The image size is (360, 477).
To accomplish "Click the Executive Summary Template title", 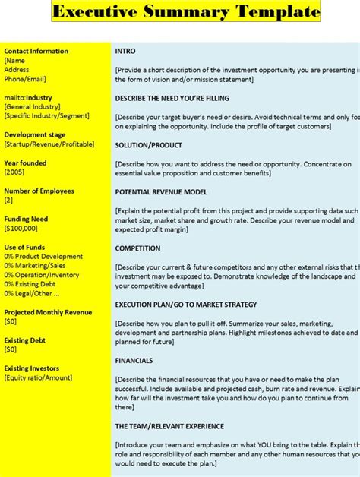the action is [x=186, y=11].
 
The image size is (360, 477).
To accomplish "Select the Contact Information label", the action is [x=36, y=52].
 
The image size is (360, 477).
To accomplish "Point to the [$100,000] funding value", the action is [x=22, y=229].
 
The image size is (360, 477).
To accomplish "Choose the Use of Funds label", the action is [x=24, y=248].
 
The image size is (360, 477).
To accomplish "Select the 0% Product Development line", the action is [x=44, y=257].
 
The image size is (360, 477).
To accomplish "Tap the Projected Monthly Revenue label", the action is [x=48, y=312].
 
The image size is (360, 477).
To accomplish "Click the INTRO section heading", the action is [x=125, y=52].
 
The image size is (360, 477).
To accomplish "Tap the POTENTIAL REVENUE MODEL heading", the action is [x=161, y=192].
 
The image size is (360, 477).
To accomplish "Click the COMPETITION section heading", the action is [x=138, y=248].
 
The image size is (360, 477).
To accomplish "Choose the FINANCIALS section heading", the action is [x=134, y=361].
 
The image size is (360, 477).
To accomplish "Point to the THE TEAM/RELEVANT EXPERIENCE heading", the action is [x=170, y=426].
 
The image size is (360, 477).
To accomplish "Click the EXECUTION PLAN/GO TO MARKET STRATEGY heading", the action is [x=186, y=304].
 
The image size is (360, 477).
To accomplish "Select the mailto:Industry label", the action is [x=28, y=98].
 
